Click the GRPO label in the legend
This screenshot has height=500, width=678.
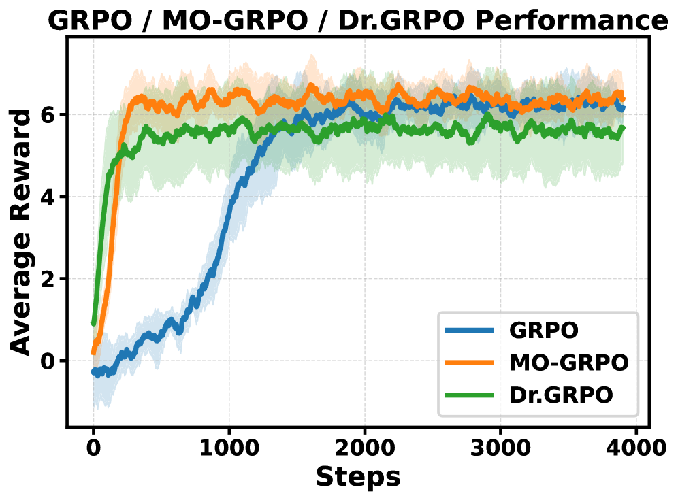click(544, 331)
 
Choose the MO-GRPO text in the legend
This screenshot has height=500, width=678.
click(568, 363)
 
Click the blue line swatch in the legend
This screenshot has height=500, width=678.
click(469, 331)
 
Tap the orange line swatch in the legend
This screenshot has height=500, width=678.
click(469, 363)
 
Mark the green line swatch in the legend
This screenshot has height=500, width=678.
click(469, 395)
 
